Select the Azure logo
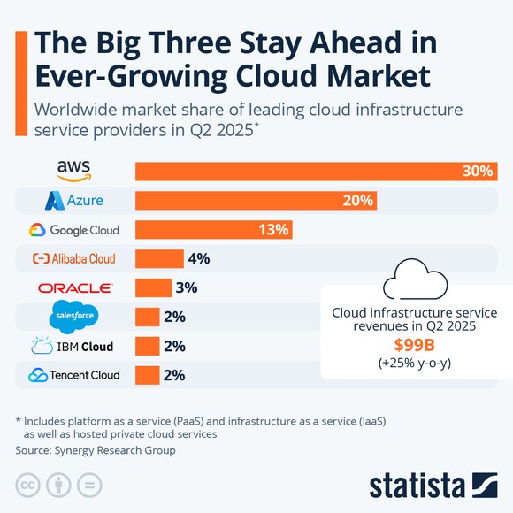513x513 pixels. (x=73, y=201)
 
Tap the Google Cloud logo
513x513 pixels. (x=73, y=230)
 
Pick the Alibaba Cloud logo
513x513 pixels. (x=73, y=259)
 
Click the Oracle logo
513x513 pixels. (x=75, y=288)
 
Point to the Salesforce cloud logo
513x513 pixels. (x=74, y=317)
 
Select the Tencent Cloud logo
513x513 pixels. (x=73, y=375)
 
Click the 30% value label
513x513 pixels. (x=477, y=172)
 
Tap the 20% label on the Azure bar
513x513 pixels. (x=357, y=201)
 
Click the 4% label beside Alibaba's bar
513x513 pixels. (x=197, y=259)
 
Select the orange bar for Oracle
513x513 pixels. (x=153, y=288)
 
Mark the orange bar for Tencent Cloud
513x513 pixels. (x=147, y=375)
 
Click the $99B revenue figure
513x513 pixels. (x=414, y=346)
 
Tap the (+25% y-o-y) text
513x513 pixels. (x=414, y=363)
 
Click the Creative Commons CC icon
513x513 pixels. (x=29, y=485)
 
